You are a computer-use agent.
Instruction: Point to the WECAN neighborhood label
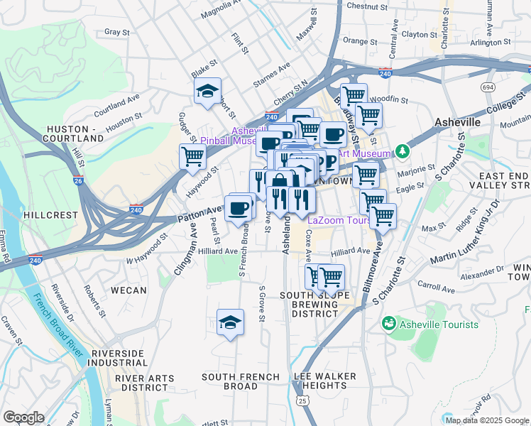pos(128,290)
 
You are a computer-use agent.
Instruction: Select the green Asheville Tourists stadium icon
pos(388,324)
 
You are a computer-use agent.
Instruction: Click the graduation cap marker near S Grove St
pos(230,322)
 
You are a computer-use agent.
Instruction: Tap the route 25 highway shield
pos(303,401)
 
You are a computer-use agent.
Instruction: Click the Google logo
pos(24,417)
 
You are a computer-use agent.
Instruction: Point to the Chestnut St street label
pos(367,6)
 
